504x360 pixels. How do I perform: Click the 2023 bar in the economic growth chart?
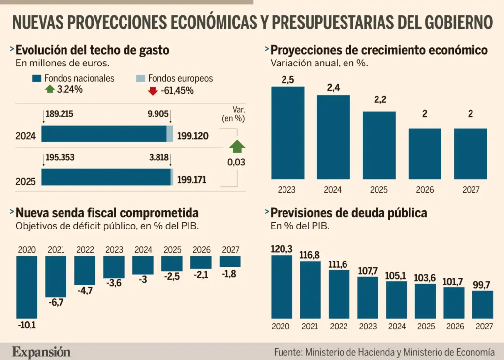coord(288,132)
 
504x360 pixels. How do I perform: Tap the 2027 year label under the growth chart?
coord(471,189)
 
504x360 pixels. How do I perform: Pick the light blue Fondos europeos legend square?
coord(140,79)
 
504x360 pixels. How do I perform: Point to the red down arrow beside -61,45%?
coord(153,91)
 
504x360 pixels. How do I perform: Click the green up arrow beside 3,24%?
coord(49,90)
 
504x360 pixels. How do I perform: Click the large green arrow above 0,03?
coord(237,146)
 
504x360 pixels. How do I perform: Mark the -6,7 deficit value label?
coord(55,302)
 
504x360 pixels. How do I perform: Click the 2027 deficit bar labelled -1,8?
coord(230,261)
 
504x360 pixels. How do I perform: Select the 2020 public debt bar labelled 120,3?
coord(282,287)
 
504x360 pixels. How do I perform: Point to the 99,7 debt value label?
coord(482,285)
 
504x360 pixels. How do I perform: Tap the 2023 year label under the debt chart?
coord(367,326)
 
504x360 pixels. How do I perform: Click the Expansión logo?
coord(41,352)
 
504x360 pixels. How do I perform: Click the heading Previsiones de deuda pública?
coord(348,213)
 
